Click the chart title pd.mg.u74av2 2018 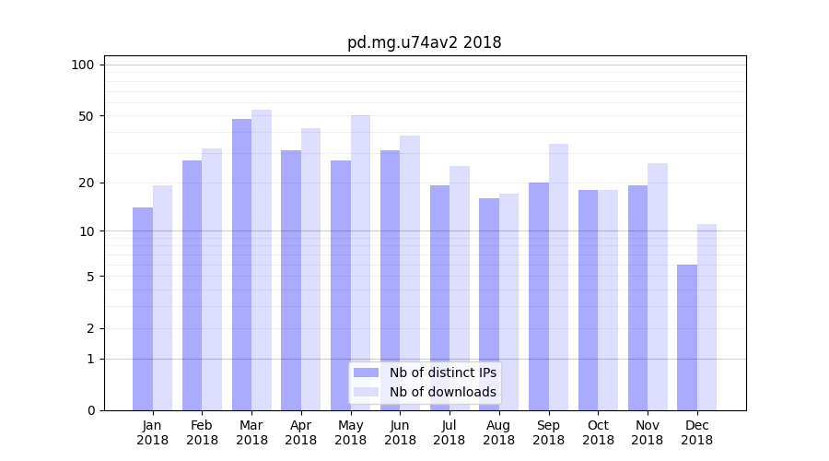[x=424, y=42]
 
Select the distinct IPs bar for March [x=241, y=265]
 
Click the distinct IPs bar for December [x=687, y=337]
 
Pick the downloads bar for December [x=706, y=317]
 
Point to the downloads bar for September [x=558, y=277]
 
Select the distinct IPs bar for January [x=143, y=309]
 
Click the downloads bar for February [x=212, y=279]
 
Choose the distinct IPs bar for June [x=390, y=280]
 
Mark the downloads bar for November [x=657, y=287]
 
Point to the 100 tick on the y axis [x=83, y=65]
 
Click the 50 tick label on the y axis [x=87, y=116]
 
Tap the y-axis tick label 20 [x=87, y=183]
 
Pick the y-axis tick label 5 [x=90, y=277]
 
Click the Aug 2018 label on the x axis [x=499, y=432]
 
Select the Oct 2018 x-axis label [x=598, y=432]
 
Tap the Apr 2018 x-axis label [x=301, y=432]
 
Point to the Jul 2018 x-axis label [x=450, y=432]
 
